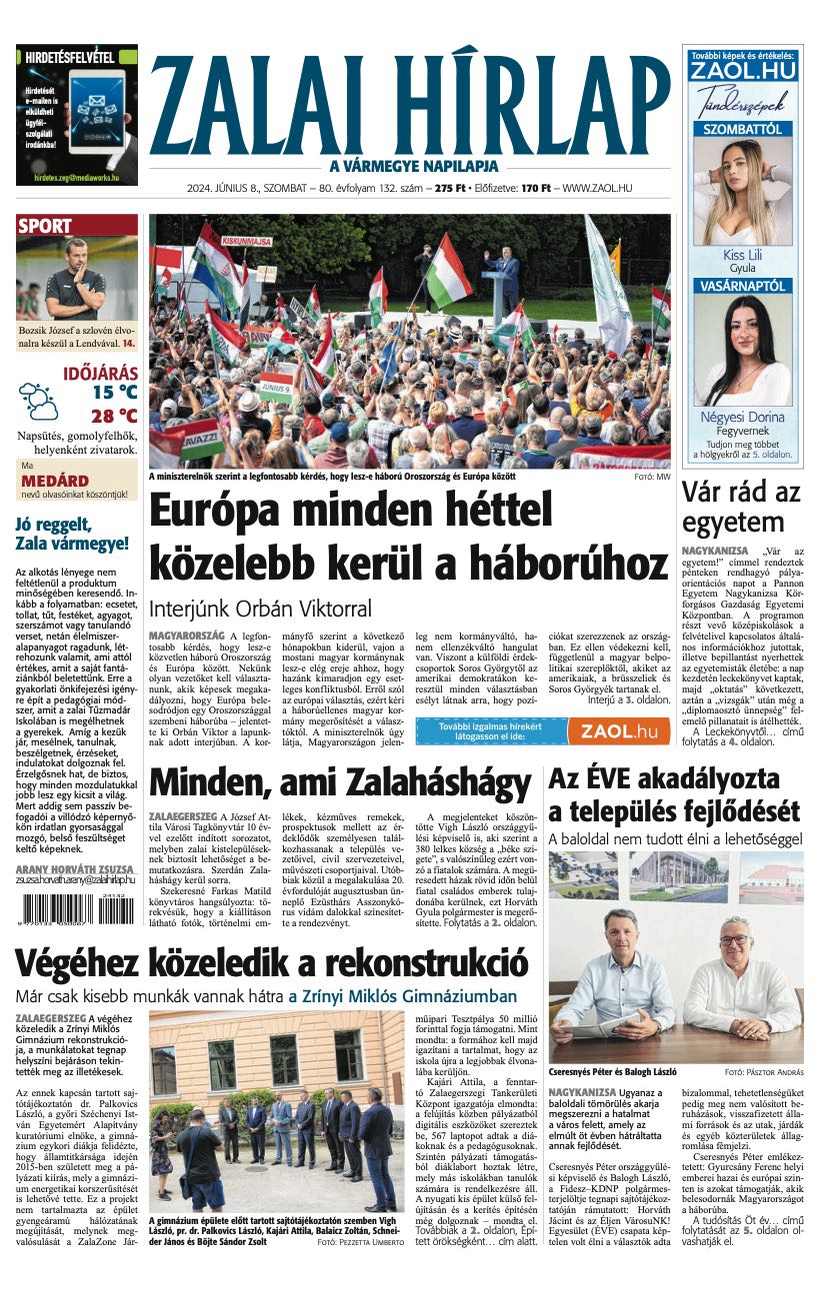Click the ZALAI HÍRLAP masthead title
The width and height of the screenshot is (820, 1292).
[409, 105]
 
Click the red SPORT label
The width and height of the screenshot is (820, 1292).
[45, 227]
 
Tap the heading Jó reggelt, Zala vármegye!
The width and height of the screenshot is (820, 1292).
[72, 534]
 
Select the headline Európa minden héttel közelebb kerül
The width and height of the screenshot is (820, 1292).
[408, 537]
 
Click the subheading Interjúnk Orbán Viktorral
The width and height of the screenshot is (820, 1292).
[260, 609]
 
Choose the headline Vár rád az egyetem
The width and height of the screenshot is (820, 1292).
[741, 507]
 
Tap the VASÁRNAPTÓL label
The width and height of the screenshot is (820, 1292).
[742, 286]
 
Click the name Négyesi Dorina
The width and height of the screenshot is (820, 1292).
[742, 417]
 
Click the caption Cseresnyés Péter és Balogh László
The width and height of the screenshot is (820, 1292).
[612, 1072]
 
